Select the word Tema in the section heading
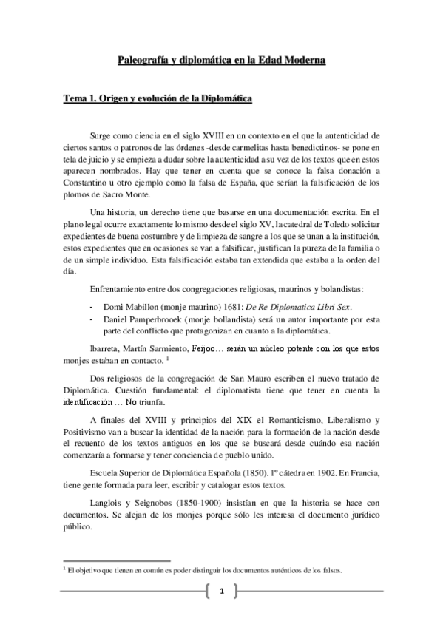[75, 98]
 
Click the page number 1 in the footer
[221, 590]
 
